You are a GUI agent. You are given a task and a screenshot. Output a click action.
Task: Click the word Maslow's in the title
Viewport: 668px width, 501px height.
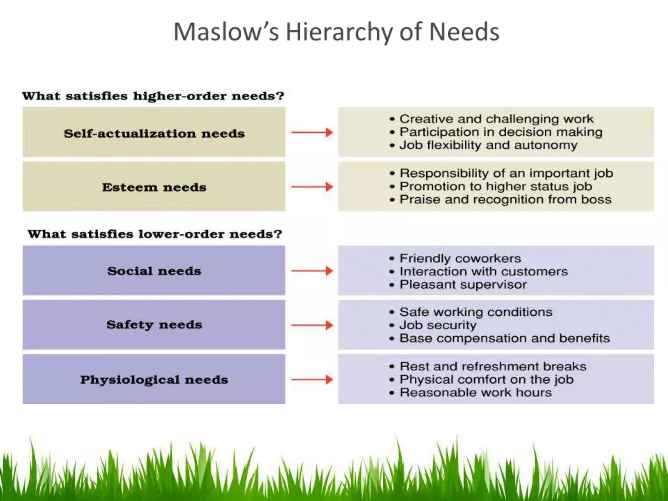pos(226,32)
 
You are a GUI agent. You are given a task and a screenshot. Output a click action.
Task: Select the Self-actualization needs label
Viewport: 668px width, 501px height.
pos(154,133)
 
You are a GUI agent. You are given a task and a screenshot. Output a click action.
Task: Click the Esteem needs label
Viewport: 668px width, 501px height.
pos(154,187)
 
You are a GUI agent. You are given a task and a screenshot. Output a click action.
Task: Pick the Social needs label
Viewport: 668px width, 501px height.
pos(154,271)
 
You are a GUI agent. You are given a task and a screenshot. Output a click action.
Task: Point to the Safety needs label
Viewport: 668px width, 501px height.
pos(154,325)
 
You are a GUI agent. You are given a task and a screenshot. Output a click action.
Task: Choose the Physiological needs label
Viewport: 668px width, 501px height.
pos(154,379)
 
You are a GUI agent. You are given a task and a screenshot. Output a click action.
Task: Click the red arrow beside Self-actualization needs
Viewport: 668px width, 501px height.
pos(312,132)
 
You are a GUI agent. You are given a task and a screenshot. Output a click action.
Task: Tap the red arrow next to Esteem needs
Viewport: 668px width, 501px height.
pos(312,187)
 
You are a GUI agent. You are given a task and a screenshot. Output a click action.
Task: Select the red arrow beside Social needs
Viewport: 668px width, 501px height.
pos(312,271)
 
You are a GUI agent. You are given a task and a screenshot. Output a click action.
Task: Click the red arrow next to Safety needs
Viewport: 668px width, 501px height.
pos(312,325)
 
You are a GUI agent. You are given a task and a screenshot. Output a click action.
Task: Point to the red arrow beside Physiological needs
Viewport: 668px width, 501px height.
pos(312,379)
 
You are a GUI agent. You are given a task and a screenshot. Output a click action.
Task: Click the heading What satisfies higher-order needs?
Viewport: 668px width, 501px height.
pos(153,96)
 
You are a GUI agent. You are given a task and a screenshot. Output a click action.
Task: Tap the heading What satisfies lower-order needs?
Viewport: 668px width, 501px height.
pos(155,234)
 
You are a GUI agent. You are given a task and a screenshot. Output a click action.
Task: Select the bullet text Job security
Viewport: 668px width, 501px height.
pos(438,325)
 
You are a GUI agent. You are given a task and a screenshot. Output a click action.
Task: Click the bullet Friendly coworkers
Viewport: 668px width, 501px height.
pos(460,258)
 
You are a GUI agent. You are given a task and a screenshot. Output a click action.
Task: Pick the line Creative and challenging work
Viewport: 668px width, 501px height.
pos(496,119)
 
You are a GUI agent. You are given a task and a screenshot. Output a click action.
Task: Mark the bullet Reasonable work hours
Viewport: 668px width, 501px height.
pos(475,392)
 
